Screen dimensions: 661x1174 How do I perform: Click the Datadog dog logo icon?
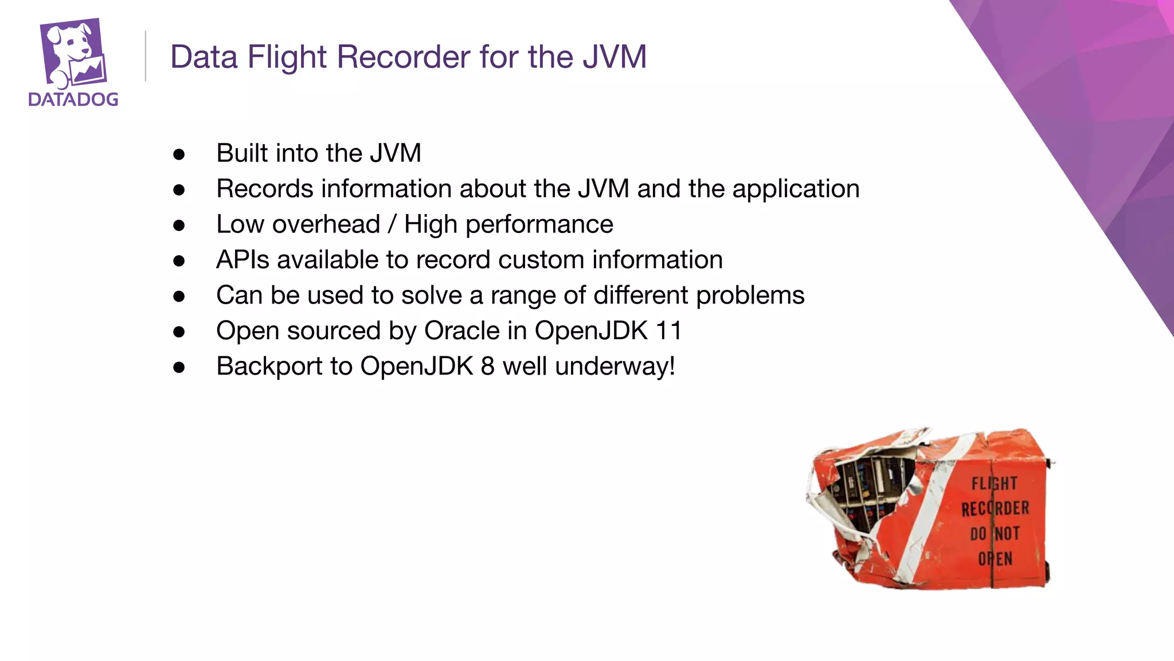73,53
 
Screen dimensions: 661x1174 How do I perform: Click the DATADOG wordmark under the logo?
73,100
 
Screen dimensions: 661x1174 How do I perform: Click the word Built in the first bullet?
241,153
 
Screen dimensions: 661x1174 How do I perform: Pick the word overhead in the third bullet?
326,224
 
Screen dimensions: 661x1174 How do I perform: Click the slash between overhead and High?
392,224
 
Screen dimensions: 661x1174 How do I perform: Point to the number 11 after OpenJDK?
669,331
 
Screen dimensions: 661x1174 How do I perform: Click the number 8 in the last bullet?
487,367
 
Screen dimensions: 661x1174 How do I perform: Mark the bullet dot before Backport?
179,367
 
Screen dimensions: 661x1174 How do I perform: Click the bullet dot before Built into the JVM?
179,154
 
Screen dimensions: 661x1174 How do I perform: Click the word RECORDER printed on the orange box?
995,508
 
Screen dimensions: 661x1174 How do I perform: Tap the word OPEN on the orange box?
995,559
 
